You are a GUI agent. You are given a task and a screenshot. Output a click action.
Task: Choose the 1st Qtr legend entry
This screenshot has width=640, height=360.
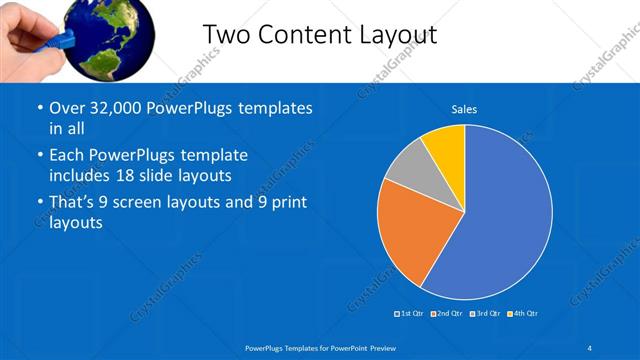coord(410,315)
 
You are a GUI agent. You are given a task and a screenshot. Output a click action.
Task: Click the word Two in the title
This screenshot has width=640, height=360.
coord(226,35)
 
